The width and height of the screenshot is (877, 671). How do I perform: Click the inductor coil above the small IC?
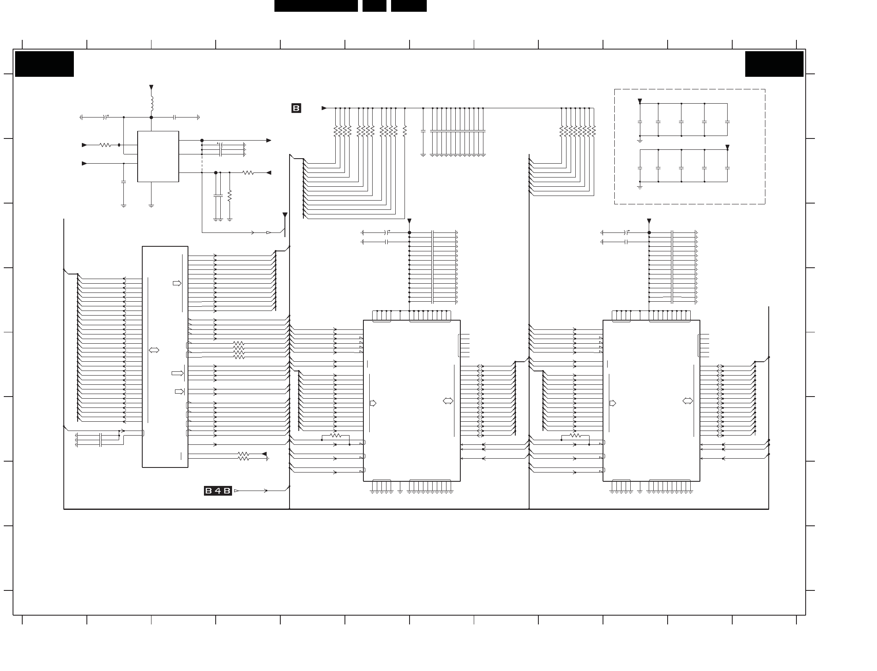[152, 103]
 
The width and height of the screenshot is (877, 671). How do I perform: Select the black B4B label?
[218, 491]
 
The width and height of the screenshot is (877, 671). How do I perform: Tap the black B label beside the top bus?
[296, 108]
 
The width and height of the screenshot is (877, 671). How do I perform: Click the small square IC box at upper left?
[158, 157]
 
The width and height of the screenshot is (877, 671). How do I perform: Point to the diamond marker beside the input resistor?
[119, 145]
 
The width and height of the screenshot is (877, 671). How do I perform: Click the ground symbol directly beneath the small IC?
[151, 206]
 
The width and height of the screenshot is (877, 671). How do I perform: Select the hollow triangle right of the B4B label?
[236, 491]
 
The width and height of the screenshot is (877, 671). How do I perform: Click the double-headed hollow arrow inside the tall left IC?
[154, 350]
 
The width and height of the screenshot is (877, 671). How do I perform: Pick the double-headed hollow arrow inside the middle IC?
[448, 401]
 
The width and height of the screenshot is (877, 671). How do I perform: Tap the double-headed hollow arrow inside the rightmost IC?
[688, 401]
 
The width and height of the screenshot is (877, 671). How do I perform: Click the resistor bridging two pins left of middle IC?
[336, 436]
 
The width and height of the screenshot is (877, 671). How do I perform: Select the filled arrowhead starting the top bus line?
[324, 108]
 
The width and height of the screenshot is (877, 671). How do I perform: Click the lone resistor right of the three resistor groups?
[405, 131]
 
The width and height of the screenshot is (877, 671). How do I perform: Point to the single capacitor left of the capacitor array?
[423, 131]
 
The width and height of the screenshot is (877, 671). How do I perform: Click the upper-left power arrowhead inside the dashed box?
[640, 101]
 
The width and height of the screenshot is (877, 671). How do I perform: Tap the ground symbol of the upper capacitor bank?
[640, 141]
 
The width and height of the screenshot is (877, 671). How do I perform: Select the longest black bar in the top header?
[316, 6]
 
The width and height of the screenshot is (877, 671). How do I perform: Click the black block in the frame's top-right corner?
[774, 64]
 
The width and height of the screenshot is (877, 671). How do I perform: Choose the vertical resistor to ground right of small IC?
[230, 196]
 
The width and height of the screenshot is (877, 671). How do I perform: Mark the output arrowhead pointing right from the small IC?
[269, 141]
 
